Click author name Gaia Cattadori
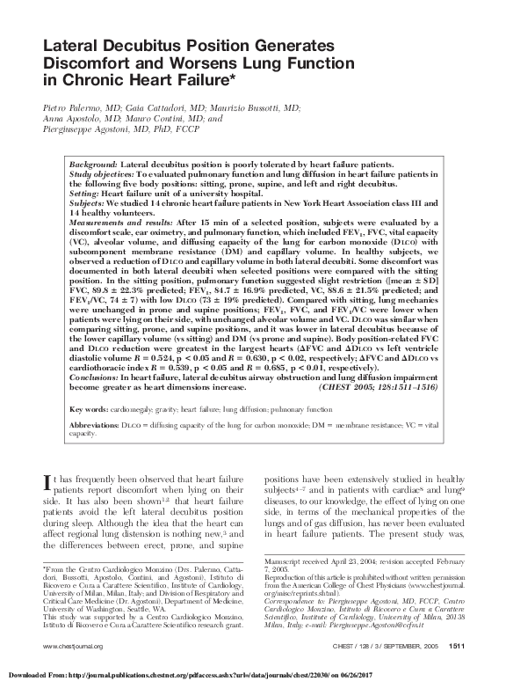click(147, 107)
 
